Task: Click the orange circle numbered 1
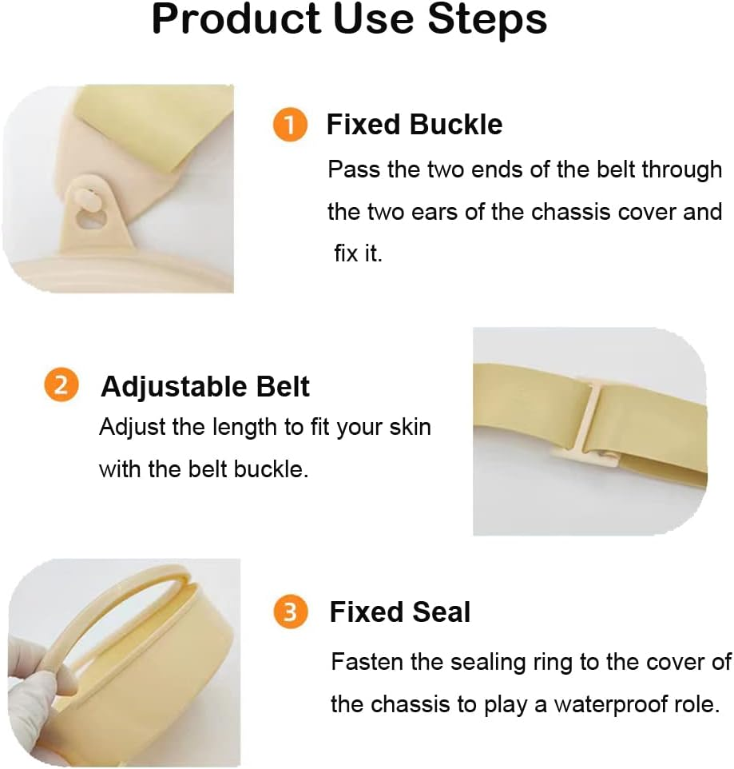pos(290,126)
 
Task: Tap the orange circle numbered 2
pos(61,386)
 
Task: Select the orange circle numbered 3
pos(290,612)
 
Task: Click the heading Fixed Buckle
pos(415,125)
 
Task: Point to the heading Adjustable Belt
pos(205,387)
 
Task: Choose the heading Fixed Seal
pos(400,612)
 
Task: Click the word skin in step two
pos(411,427)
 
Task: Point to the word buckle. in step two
pos(271,468)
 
